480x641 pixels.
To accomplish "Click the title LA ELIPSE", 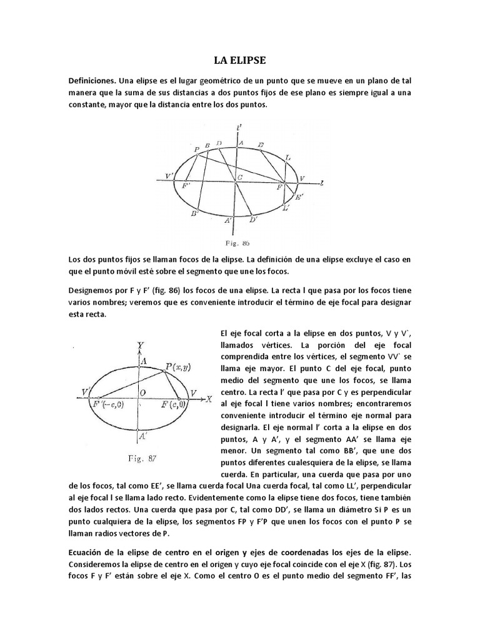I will point(239,60).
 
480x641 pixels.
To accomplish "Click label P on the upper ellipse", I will point(197,150).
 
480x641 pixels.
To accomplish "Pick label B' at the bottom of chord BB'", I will point(195,214).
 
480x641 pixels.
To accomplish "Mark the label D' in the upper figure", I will point(253,220).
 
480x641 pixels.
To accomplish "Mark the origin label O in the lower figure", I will point(143,392).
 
